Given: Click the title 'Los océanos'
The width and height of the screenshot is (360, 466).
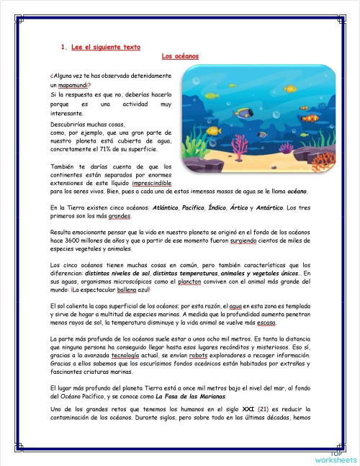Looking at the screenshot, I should (x=180, y=55).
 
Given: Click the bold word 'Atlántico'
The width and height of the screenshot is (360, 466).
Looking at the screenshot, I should (x=167, y=207).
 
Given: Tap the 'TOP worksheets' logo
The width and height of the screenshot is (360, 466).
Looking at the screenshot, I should (x=334, y=456).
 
